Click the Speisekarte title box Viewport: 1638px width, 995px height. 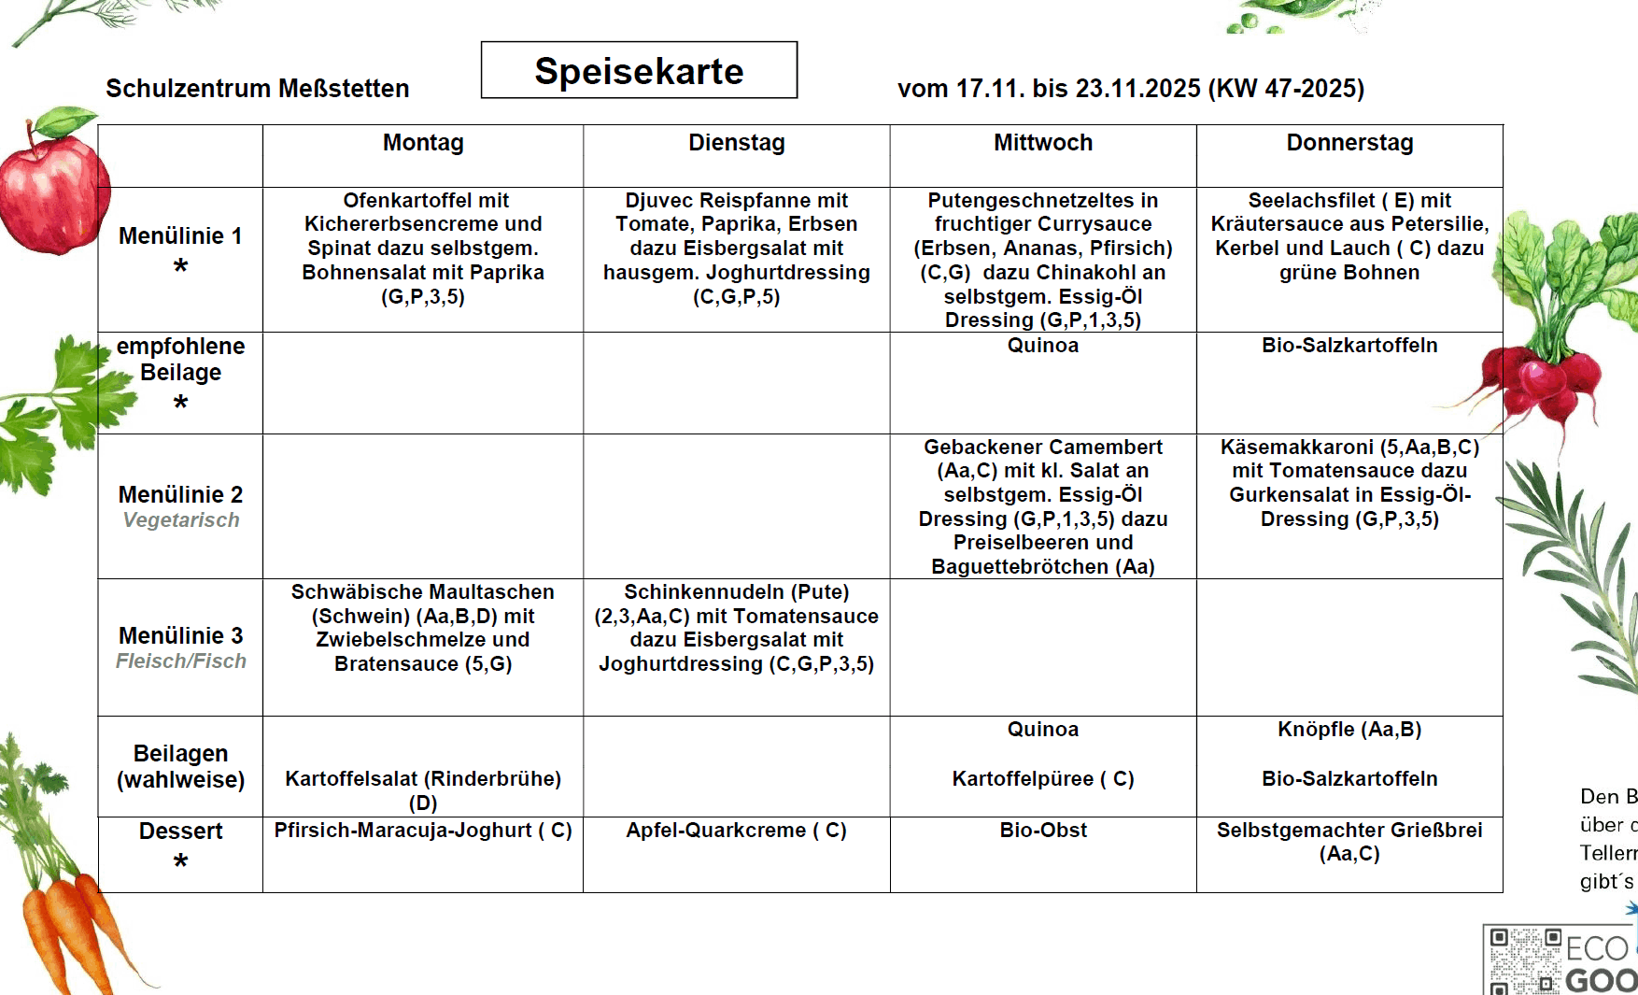pos(639,70)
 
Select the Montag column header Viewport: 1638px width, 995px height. pos(423,143)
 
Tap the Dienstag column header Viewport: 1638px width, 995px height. pos(737,143)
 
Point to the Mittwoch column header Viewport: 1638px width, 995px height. pos(1043,143)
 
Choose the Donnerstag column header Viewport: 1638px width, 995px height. pos(1349,143)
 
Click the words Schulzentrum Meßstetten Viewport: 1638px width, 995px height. pos(257,89)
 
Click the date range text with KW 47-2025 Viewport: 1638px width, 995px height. pos(1130,89)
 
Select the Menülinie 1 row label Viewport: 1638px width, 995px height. pos(180,236)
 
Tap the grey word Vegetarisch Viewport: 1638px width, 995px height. pos(181,520)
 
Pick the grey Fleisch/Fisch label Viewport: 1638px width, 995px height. pos(181,661)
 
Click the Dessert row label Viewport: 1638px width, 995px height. pos(180,832)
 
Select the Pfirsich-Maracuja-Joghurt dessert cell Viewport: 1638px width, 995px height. pos(423,831)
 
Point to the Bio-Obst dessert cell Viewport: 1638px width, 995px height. pos(1043,831)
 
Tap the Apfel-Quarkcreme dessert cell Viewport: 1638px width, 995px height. pos(736,831)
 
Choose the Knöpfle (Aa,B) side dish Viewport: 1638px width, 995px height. pos(1349,730)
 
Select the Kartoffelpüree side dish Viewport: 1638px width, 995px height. pos(1043,779)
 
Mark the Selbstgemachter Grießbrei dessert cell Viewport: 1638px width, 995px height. pos(1349,841)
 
